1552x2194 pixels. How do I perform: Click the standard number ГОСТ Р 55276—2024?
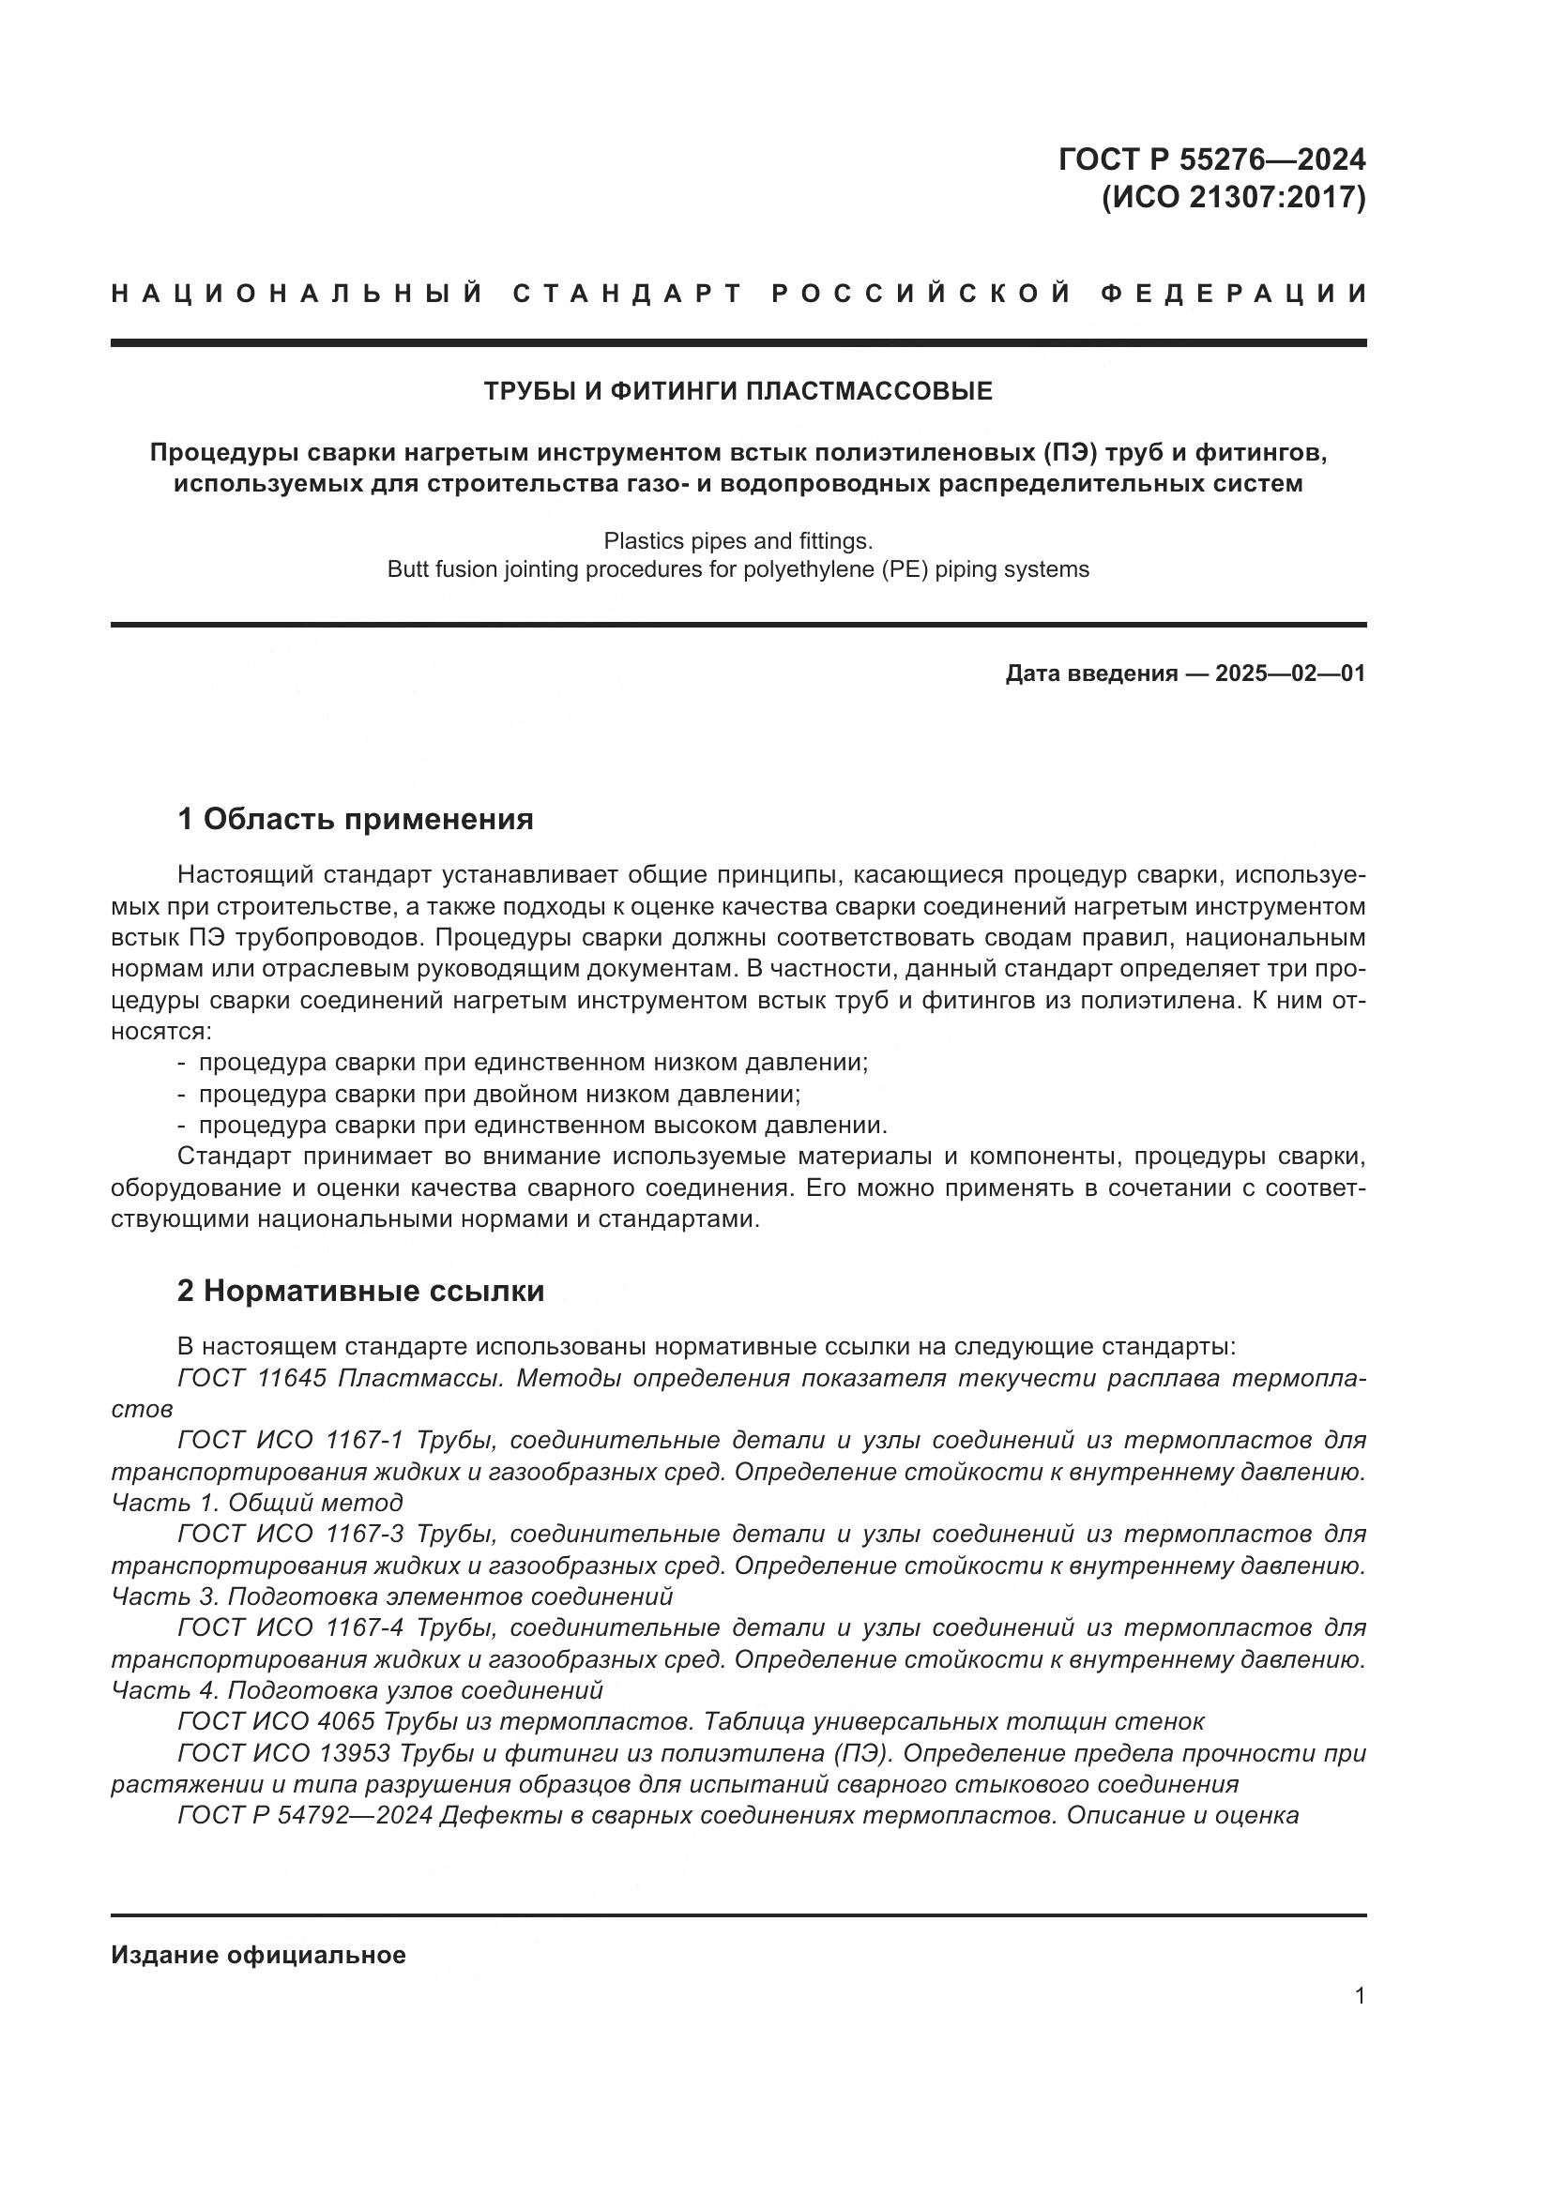tap(1210, 159)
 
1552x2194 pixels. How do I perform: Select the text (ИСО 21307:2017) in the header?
tap(1233, 197)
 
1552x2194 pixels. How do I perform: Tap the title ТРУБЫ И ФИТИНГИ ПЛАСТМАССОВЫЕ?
tap(738, 391)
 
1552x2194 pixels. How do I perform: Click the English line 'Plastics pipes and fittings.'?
tap(738, 541)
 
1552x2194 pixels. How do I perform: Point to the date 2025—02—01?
tap(1289, 673)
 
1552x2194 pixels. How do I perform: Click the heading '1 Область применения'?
tap(355, 819)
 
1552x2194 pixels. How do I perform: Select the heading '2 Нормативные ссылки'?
tap(360, 1291)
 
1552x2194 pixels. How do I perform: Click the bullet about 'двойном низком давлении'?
tap(499, 1093)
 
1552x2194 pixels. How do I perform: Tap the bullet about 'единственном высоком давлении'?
tap(542, 1125)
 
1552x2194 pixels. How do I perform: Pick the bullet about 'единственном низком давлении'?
tap(533, 1062)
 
